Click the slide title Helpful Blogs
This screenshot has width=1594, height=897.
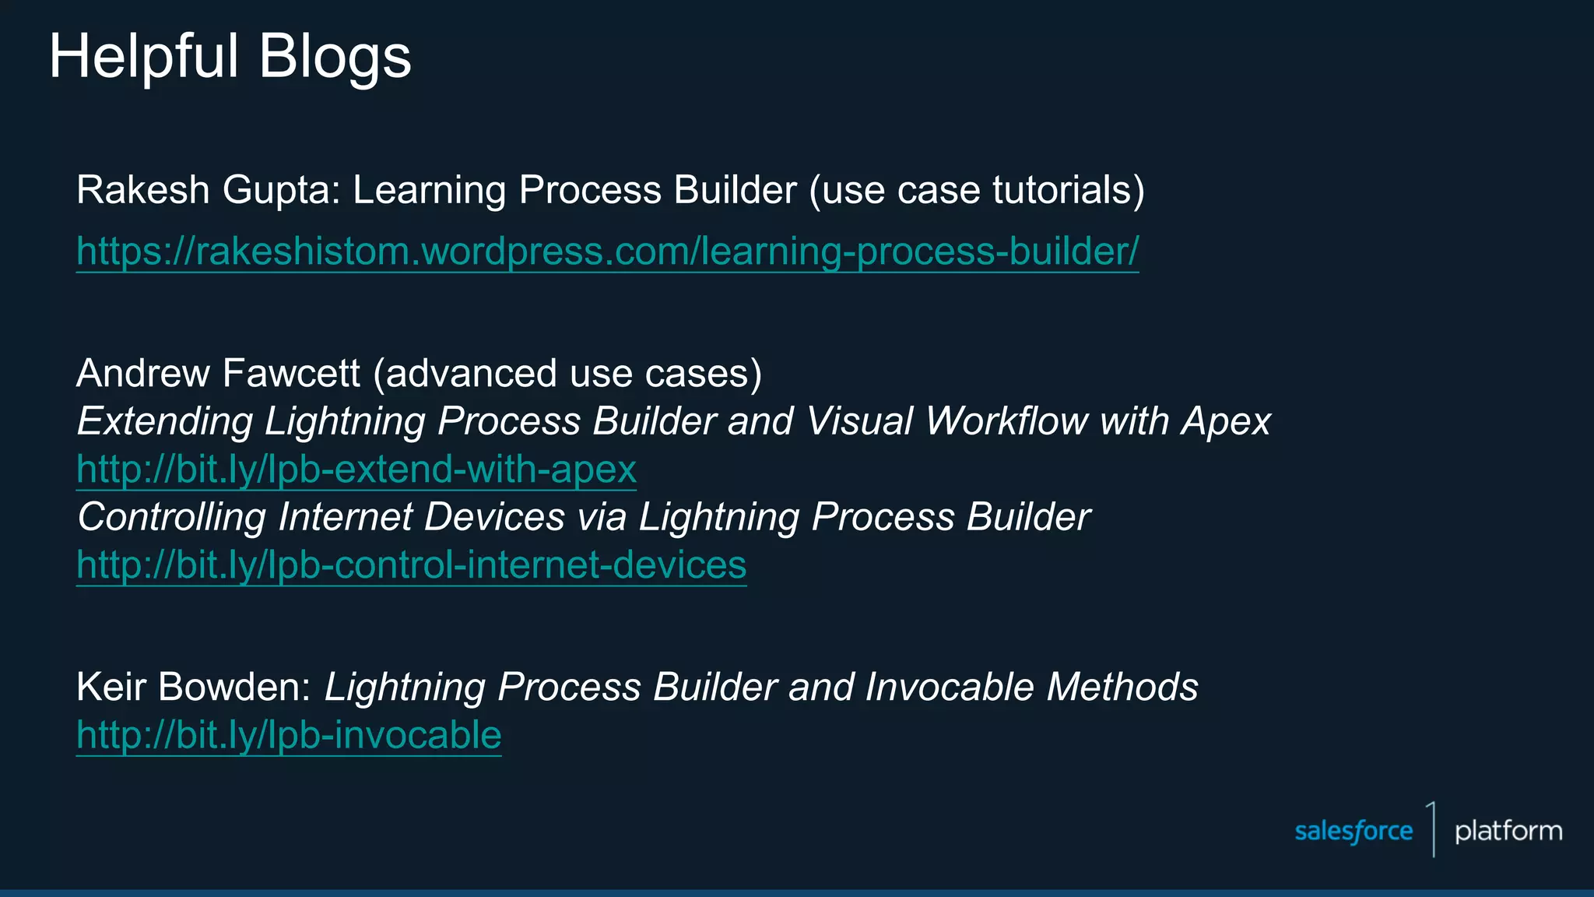pos(230,57)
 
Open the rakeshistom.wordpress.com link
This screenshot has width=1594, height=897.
pos(607,252)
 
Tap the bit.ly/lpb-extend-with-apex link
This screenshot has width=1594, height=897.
pos(356,470)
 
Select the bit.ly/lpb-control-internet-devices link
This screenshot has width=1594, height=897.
pos(411,565)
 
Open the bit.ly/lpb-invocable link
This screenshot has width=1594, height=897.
pos(289,735)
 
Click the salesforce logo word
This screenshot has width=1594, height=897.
pos(1353,832)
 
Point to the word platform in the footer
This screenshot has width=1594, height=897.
pos(1508,832)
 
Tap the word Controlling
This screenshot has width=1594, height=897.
pos(171,518)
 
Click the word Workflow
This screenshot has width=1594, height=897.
pos(1006,421)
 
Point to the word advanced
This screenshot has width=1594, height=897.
pos(471,374)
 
